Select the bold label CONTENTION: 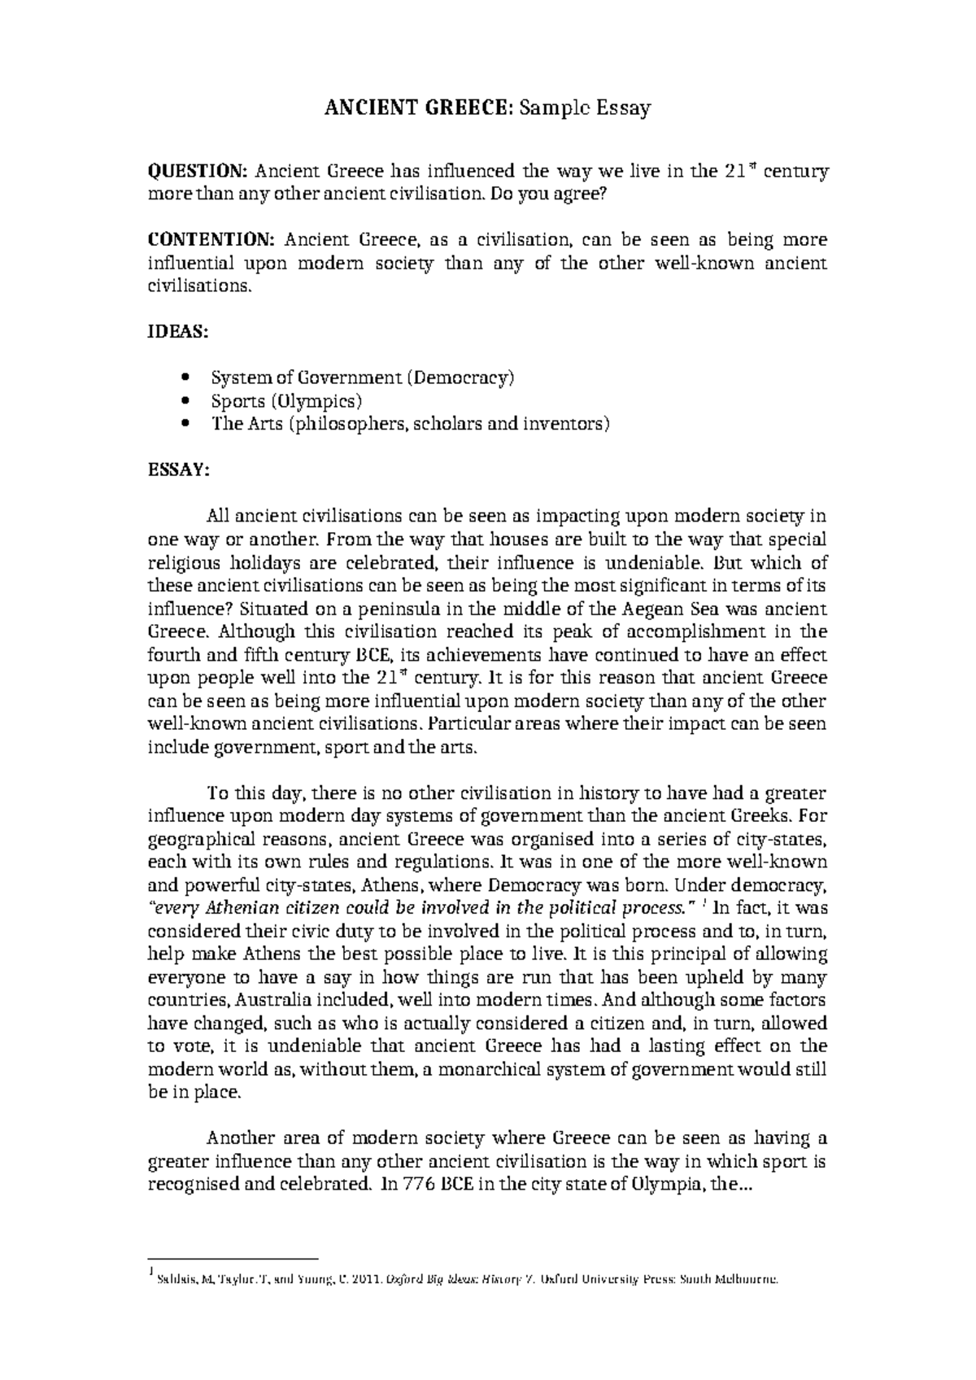click(x=211, y=240)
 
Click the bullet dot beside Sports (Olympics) click(x=188, y=401)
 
